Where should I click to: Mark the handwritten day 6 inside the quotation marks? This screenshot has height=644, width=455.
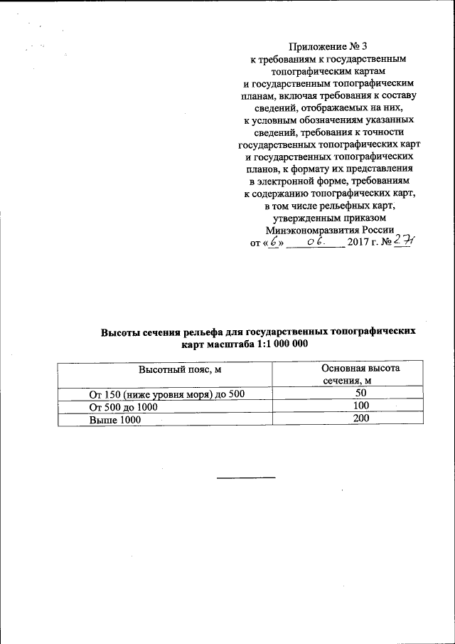[270, 242]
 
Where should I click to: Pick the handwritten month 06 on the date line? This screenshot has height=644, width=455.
[317, 242]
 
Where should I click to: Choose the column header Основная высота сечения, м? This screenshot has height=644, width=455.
[360, 374]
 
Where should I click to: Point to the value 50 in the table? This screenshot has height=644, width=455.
[360, 393]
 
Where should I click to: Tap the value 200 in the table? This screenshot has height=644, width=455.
[360, 419]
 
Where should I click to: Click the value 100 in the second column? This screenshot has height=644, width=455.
[360, 406]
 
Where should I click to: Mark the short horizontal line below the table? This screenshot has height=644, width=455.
[245, 476]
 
